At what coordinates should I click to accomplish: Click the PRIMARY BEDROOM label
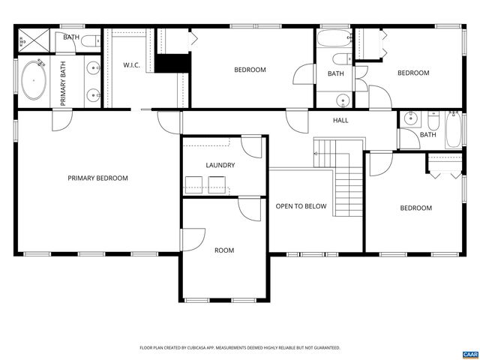click(x=97, y=178)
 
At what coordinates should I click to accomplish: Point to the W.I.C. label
click(x=132, y=65)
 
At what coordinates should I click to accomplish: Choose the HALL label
click(x=340, y=120)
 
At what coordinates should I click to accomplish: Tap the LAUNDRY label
click(x=220, y=165)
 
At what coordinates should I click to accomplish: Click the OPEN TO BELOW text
click(x=301, y=206)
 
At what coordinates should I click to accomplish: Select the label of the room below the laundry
click(x=224, y=250)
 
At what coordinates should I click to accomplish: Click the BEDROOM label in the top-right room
click(x=412, y=73)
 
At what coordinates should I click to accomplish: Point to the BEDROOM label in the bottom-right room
click(x=415, y=208)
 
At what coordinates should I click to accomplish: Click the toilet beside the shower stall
click(x=89, y=41)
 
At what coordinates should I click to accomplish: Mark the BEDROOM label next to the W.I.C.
click(x=250, y=70)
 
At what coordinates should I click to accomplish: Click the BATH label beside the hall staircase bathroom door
click(x=427, y=135)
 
